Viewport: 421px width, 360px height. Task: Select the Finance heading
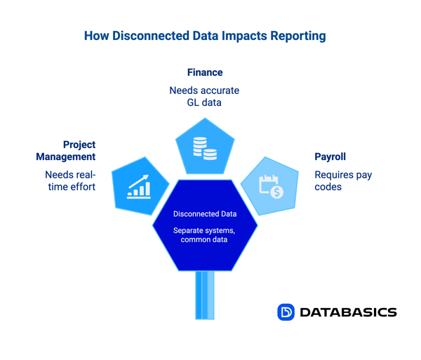point(205,72)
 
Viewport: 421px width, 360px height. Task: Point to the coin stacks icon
point(204,148)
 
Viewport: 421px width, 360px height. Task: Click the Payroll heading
point(330,156)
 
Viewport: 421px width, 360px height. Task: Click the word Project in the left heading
point(79,145)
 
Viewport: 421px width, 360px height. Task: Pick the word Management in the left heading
point(66,156)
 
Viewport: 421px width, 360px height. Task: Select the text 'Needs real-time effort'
point(70,180)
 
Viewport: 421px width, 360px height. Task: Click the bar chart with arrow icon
point(139,186)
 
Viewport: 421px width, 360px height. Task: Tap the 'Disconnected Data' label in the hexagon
point(205,214)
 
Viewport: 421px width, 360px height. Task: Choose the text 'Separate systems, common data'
point(205,235)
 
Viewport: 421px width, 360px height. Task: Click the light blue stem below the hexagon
point(205,295)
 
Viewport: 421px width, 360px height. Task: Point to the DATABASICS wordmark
point(348,312)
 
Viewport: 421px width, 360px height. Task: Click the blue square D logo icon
point(286,312)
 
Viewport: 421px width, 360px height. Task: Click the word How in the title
point(96,36)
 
